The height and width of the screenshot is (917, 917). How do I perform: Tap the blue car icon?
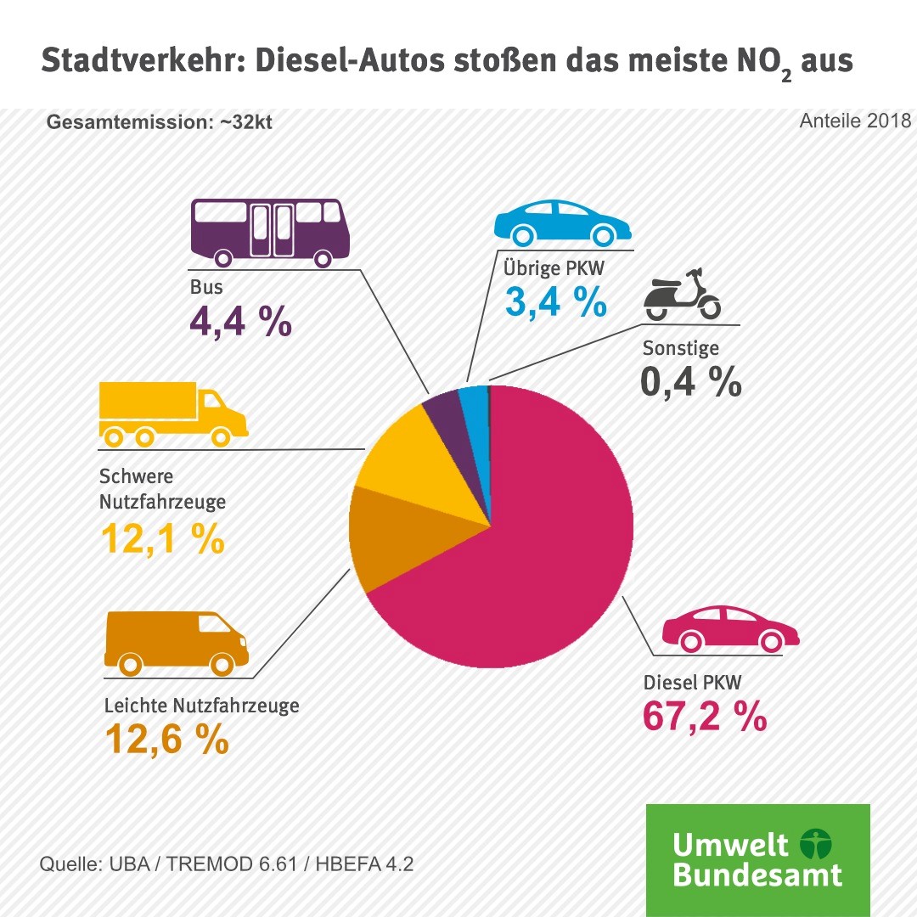tap(561, 222)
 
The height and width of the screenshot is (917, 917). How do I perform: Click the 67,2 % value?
tap(705, 718)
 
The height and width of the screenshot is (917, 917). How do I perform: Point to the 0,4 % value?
tap(691, 383)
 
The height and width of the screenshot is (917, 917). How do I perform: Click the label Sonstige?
tap(681, 348)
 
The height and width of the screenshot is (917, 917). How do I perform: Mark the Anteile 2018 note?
tap(854, 121)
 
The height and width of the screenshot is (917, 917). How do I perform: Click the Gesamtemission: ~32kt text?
tap(160, 122)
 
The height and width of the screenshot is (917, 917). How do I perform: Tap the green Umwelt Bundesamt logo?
tap(758, 859)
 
